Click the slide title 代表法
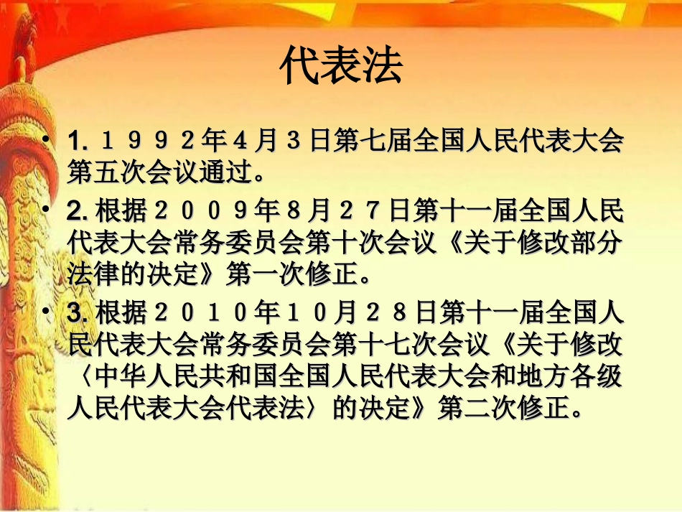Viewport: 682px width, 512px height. pyautogui.click(x=341, y=67)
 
